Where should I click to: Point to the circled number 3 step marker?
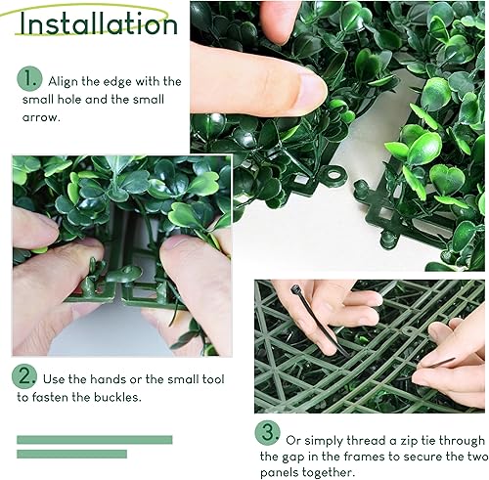pyautogui.click(x=268, y=433)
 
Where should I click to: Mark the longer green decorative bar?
pyautogui.click(x=95, y=440)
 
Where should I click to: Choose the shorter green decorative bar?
pyautogui.click(x=71, y=454)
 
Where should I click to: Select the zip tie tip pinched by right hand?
pyautogui.click(x=441, y=363)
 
